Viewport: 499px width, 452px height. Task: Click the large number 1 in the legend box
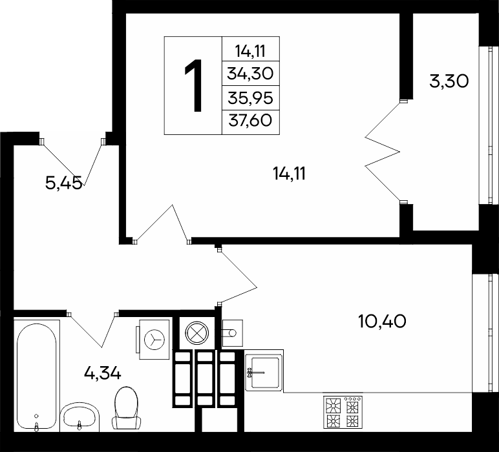[194, 85]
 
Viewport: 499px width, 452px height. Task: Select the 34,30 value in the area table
[250, 74]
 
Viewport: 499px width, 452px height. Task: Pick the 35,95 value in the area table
[250, 98]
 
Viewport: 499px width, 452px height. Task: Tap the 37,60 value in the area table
[250, 121]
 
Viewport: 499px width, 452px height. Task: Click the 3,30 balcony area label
[449, 81]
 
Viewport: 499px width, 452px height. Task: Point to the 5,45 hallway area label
[63, 183]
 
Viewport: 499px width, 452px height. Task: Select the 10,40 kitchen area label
[382, 321]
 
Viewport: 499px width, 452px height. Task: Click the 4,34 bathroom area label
[103, 373]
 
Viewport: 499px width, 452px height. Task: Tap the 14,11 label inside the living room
[290, 174]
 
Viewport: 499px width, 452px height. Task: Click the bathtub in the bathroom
[37, 376]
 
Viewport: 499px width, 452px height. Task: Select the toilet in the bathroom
[127, 409]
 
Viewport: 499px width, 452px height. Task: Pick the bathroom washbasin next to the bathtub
[80, 417]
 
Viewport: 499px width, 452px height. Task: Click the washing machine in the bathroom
[154, 339]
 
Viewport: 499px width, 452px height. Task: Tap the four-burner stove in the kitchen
[343, 412]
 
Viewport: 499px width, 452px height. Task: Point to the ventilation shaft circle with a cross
[197, 333]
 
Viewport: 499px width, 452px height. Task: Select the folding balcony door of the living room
[383, 152]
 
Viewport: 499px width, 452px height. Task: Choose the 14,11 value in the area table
[250, 51]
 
